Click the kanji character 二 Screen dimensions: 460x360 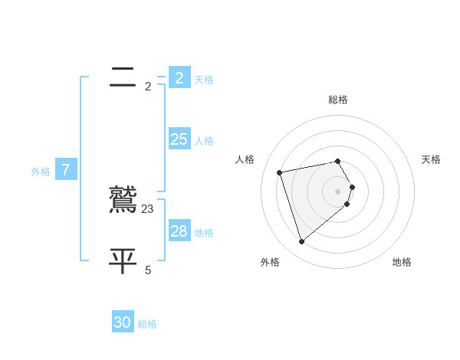click(x=123, y=77)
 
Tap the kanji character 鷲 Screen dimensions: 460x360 click(x=123, y=200)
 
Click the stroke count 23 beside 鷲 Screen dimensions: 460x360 click(x=148, y=208)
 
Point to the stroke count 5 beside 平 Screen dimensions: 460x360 click(x=148, y=270)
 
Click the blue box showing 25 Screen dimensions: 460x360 click(x=179, y=139)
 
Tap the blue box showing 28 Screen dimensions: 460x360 click(x=179, y=231)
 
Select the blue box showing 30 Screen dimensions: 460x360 click(x=123, y=322)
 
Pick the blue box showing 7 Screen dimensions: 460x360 click(x=66, y=170)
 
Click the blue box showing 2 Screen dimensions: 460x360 click(x=179, y=78)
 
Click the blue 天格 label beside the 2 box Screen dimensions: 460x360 click(x=204, y=80)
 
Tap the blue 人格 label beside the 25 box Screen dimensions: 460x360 click(x=204, y=141)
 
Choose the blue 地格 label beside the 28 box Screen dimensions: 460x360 click(x=204, y=233)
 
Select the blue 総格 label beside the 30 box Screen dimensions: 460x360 click(x=147, y=324)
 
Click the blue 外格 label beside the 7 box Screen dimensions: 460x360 click(x=41, y=172)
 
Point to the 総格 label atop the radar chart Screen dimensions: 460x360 click(x=338, y=100)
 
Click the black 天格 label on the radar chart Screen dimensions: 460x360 click(x=431, y=159)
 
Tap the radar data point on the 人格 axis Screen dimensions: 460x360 click(x=280, y=172)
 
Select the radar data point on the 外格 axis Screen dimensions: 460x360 click(x=301, y=241)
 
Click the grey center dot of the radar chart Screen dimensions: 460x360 click(x=338, y=191)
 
